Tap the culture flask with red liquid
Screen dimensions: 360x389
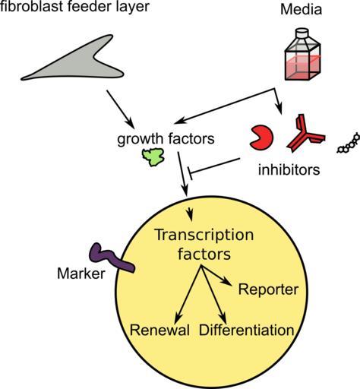click(303, 55)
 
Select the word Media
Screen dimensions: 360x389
click(301, 10)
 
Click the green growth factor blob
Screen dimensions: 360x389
click(153, 157)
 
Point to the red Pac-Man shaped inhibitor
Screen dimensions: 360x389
click(261, 138)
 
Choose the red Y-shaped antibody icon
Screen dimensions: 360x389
click(305, 134)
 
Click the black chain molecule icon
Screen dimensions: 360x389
click(349, 144)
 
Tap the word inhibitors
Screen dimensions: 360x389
click(289, 169)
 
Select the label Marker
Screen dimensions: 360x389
click(81, 274)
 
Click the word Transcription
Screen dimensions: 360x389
click(204, 235)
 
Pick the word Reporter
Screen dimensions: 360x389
click(268, 289)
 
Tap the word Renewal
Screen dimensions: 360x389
click(159, 330)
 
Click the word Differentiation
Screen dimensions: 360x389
click(246, 330)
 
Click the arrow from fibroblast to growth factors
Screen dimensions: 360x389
click(121, 109)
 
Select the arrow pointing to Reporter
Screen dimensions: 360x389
click(216, 276)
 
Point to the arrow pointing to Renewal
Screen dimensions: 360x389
click(188, 294)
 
